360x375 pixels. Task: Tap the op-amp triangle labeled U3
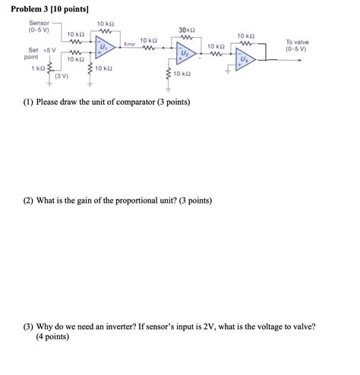(245, 59)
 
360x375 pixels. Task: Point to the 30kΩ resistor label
(188, 30)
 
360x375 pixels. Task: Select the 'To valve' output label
(297, 43)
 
